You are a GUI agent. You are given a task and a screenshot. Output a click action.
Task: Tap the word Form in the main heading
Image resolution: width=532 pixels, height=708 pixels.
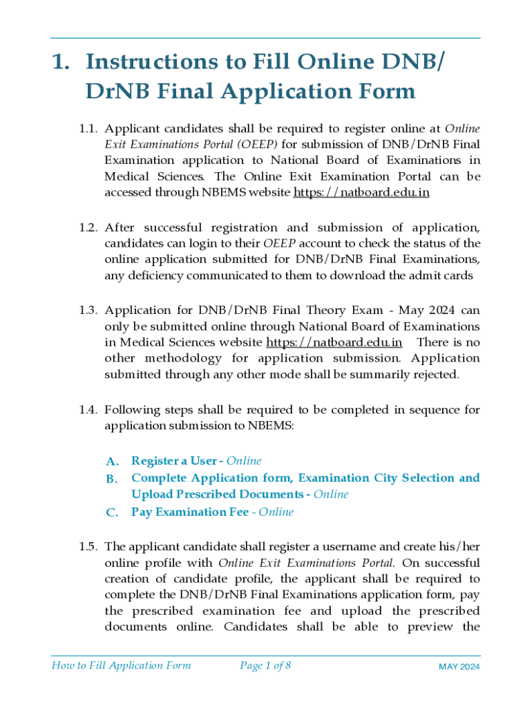pyautogui.click(x=379, y=91)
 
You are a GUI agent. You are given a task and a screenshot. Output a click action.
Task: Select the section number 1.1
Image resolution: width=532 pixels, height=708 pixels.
pyautogui.click(x=88, y=129)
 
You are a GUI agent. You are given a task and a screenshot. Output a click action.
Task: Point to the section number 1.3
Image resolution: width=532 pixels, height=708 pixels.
pyautogui.click(x=88, y=310)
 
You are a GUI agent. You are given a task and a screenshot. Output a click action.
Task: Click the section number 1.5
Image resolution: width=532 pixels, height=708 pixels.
pyautogui.click(x=88, y=547)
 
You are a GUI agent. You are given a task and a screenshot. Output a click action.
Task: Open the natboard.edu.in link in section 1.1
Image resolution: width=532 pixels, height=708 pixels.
pyautogui.click(x=361, y=193)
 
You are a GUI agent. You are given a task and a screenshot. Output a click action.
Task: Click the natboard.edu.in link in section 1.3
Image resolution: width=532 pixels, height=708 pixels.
pyautogui.click(x=334, y=342)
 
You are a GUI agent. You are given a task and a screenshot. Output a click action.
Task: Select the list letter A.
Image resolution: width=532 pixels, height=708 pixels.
pyautogui.click(x=113, y=461)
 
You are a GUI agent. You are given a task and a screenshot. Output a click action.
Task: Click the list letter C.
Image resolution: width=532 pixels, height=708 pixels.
pyautogui.click(x=113, y=512)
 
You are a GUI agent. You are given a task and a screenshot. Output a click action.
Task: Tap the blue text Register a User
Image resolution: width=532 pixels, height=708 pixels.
pyautogui.click(x=173, y=460)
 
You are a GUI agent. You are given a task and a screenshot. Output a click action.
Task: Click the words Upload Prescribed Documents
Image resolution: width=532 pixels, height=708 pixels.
pyautogui.click(x=219, y=494)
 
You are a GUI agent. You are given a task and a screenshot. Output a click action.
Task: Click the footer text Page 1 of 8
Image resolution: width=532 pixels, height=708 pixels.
pyautogui.click(x=265, y=666)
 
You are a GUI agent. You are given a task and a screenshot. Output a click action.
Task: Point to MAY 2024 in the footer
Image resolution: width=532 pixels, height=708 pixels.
pyautogui.click(x=459, y=667)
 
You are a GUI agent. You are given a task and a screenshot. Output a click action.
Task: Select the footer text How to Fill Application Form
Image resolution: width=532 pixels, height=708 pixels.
pyautogui.click(x=121, y=666)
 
